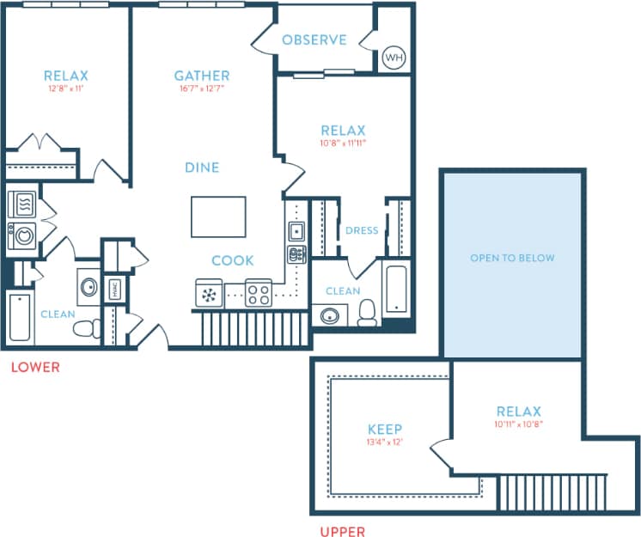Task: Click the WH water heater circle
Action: (394, 58)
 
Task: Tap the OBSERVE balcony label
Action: (314, 40)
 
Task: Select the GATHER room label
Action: (202, 76)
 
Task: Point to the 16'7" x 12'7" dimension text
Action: (202, 88)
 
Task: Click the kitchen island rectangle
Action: (218, 217)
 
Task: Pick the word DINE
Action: (202, 168)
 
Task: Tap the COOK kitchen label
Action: (233, 260)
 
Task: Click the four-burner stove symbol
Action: (259, 294)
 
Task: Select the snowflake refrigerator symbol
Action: (209, 295)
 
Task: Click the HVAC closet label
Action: (115, 289)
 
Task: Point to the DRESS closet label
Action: (362, 230)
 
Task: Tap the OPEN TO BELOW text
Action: (512, 258)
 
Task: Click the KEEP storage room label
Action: (385, 430)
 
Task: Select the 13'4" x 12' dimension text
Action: (385, 442)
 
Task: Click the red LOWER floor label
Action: (35, 368)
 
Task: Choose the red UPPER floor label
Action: (342, 532)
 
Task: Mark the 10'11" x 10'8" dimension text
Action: (519, 424)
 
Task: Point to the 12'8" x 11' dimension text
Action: (65, 88)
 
